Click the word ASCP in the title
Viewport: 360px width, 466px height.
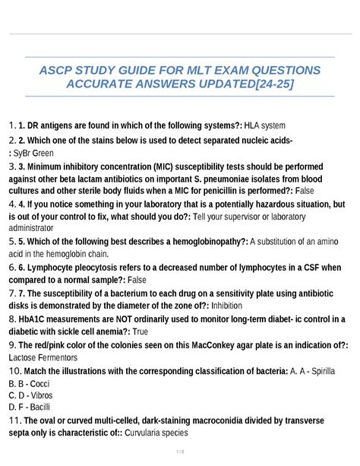(60, 71)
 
